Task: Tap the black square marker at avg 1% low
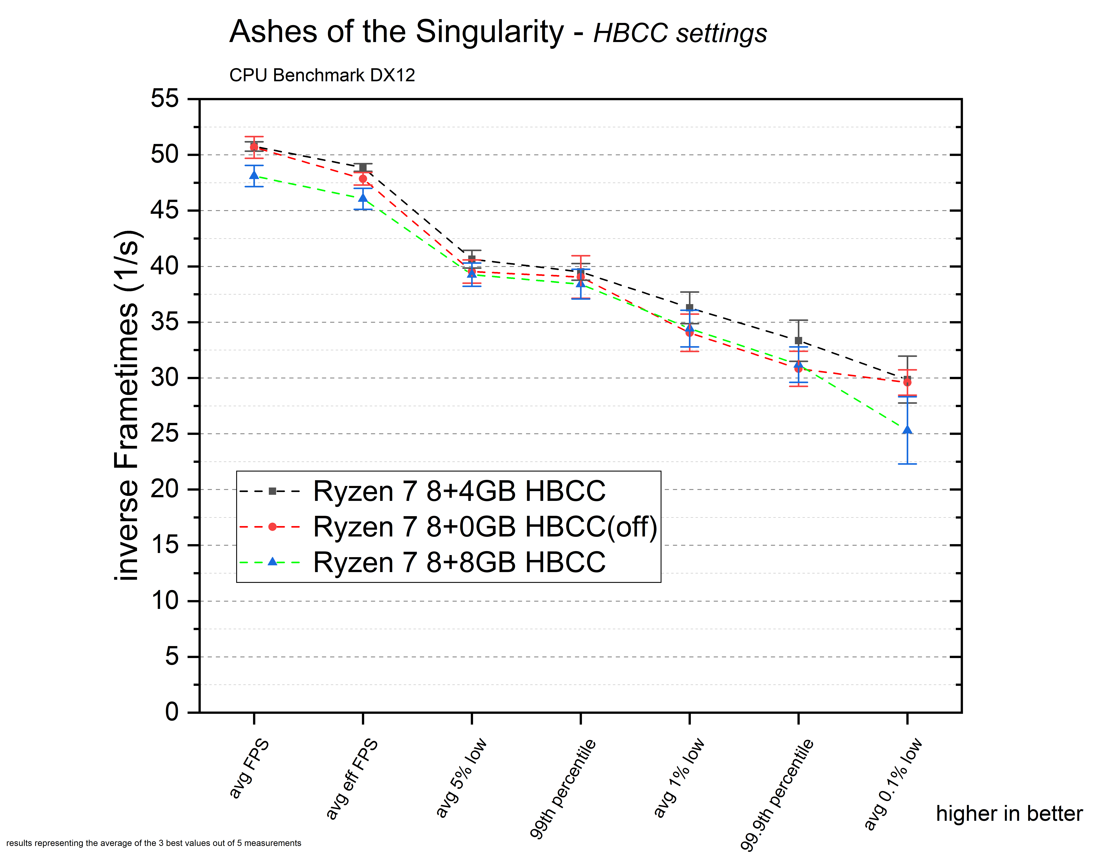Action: click(x=690, y=307)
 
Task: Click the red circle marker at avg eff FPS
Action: click(x=363, y=179)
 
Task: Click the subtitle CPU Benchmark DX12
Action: click(x=322, y=75)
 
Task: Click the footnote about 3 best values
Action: click(x=154, y=843)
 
